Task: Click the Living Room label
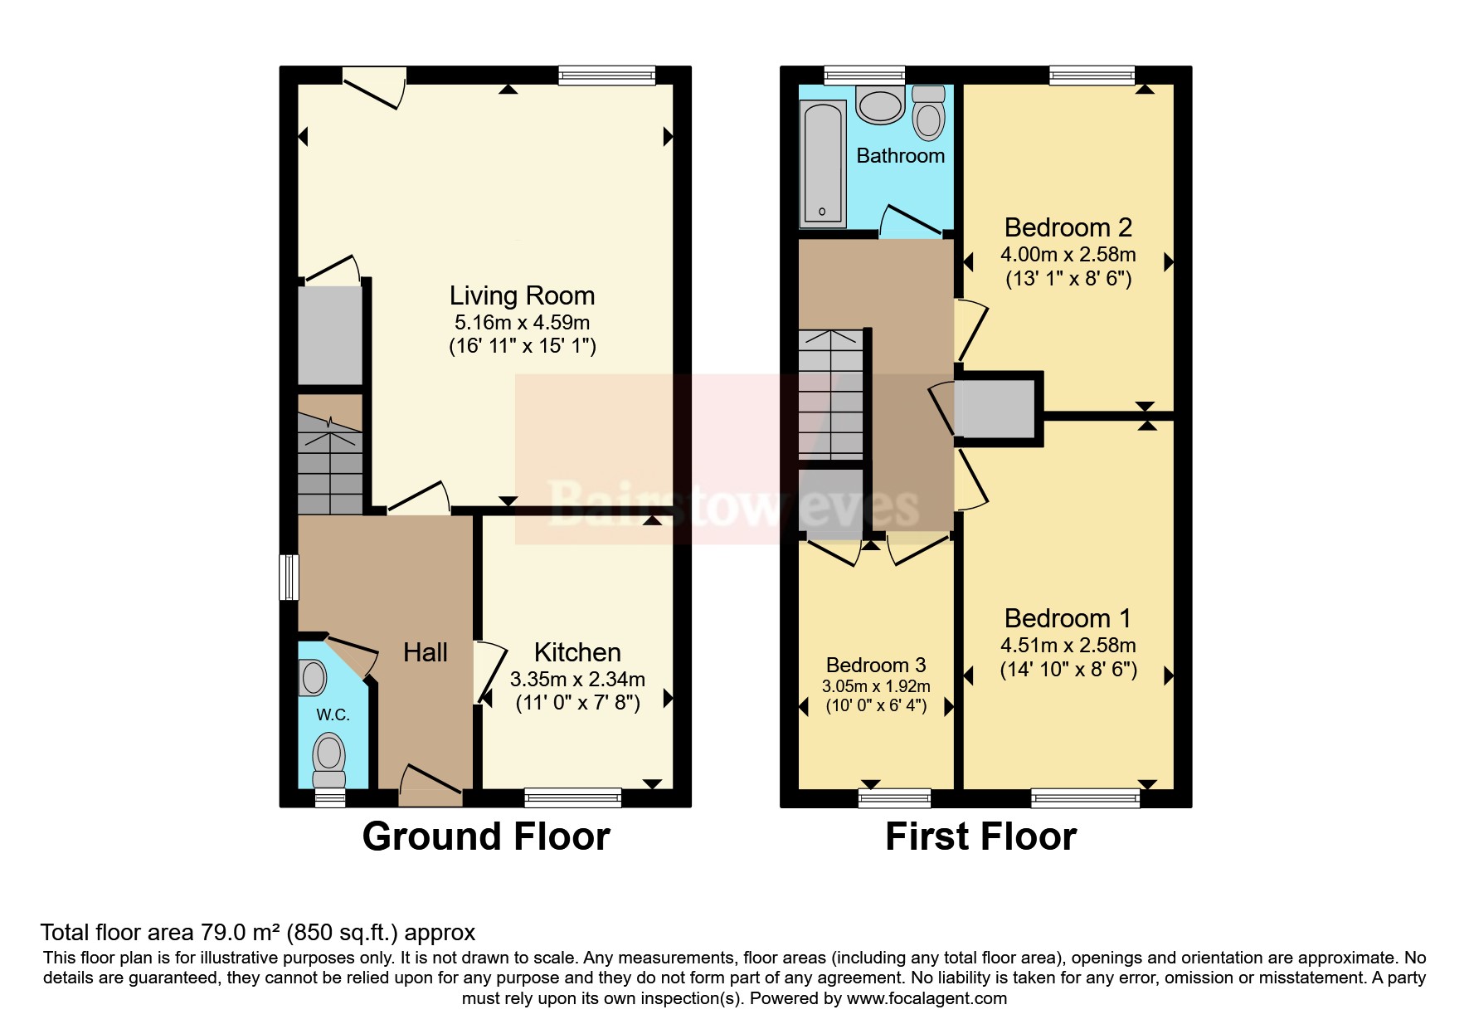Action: pyautogui.click(x=522, y=295)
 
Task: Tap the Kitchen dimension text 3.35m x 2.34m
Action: pyautogui.click(x=577, y=680)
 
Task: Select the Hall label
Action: pyautogui.click(x=426, y=652)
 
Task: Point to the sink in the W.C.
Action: pyautogui.click(x=312, y=677)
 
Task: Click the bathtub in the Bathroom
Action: pyautogui.click(x=823, y=163)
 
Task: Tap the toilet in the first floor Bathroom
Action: pyautogui.click(x=928, y=113)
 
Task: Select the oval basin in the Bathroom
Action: pyautogui.click(x=880, y=106)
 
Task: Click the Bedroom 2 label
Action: pyautogui.click(x=1068, y=227)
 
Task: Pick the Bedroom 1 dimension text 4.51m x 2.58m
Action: pyautogui.click(x=1068, y=646)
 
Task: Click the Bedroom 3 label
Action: pyautogui.click(x=876, y=665)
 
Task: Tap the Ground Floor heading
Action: pyautogui.click(x=486, y=836)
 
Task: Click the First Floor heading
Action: pyautogui.click(x=980, y=836)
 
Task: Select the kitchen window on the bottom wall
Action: pyautogui.click(x=573, y=797)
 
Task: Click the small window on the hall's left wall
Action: pyautogui.click(x=289, y=577)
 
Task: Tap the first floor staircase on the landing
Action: pyautogui.click(x=830, y=394)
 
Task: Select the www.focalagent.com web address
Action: pyautogui.click(x=927, y=998)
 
